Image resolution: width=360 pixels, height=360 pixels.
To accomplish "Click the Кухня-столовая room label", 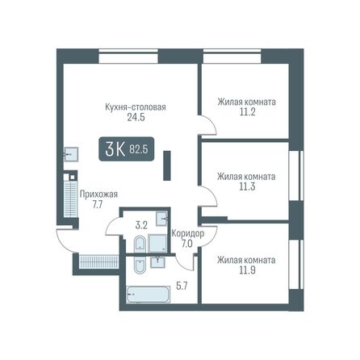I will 135,106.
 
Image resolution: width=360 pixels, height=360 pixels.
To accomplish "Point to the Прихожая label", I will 98,194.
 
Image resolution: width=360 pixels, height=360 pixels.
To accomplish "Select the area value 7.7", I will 98,205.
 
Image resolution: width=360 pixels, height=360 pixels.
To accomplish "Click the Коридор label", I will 187,233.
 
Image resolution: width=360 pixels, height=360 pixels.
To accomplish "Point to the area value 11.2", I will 246,114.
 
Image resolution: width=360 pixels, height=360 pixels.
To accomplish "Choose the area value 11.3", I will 246,186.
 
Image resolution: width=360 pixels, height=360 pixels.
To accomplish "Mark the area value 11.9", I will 246,271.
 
